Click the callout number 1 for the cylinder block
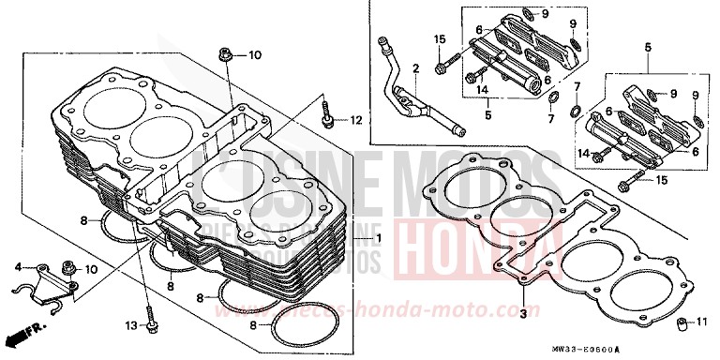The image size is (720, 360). pos(379,239)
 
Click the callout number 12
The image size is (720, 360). pos(357,120)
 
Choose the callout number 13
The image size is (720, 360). pos(130,326)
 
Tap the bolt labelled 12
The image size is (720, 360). pos(325,115)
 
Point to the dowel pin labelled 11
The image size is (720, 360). pos(673,324)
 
